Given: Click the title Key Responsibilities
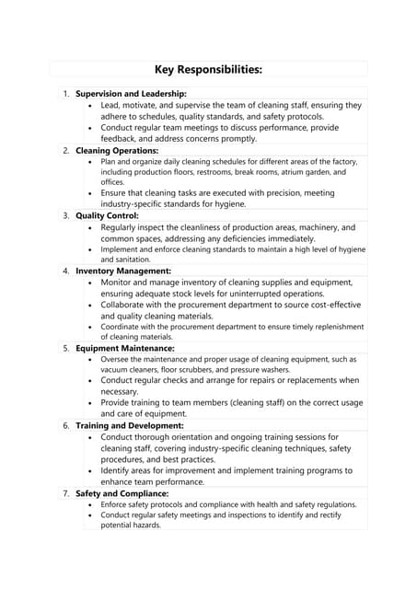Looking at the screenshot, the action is [x=208, y=69].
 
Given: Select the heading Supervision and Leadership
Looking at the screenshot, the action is [x=131, y=94].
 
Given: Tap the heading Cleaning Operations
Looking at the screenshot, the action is [x=117, y=150].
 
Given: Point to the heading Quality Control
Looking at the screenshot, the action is [x=107, y=215].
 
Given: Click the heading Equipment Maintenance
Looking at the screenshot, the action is [x=125, y=349].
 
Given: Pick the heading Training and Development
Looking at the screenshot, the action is [x=130, y=426].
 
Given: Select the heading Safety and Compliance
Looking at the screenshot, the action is [x=122, y=493].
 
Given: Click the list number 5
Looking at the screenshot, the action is [x=65, y=349].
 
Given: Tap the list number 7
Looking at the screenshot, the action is [x=65, y=493].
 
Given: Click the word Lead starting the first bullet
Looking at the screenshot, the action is [x=111, y=106].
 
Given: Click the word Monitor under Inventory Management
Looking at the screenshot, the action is [x=120, y=283].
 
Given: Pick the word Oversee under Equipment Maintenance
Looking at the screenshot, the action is [x=116, y=359].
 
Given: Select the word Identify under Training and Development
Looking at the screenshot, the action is [x=119, y=470].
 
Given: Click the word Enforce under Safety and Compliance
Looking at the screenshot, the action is [x=116, y=504].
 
